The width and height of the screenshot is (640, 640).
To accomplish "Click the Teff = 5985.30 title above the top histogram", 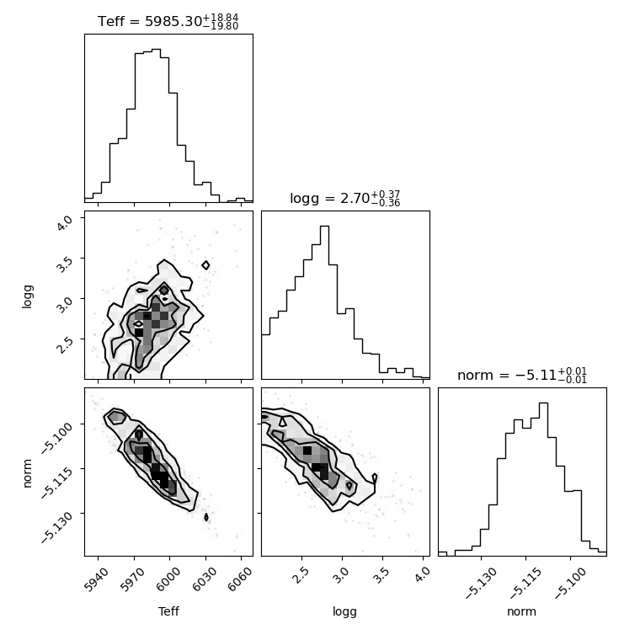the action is coord(168,21).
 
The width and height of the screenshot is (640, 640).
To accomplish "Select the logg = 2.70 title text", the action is coord(345,199).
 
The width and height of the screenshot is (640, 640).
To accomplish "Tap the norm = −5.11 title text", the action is coord(522,375).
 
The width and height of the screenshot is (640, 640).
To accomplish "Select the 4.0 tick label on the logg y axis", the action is coord(65,222).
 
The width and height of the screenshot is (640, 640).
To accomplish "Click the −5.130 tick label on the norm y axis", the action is coord(56,527).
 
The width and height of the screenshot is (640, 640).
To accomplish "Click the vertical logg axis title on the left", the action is coord(27,296).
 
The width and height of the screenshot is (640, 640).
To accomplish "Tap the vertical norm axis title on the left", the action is coord(27,473).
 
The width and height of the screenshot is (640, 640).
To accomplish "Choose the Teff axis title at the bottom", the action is coord(168,611).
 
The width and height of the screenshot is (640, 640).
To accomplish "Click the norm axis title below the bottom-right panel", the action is coord(521,611).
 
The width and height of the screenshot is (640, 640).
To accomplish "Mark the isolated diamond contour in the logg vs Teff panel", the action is coord(205,265).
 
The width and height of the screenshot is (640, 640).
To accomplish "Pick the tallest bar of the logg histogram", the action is coord(324,302).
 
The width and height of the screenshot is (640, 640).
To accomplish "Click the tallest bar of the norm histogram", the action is coord(543,478).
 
